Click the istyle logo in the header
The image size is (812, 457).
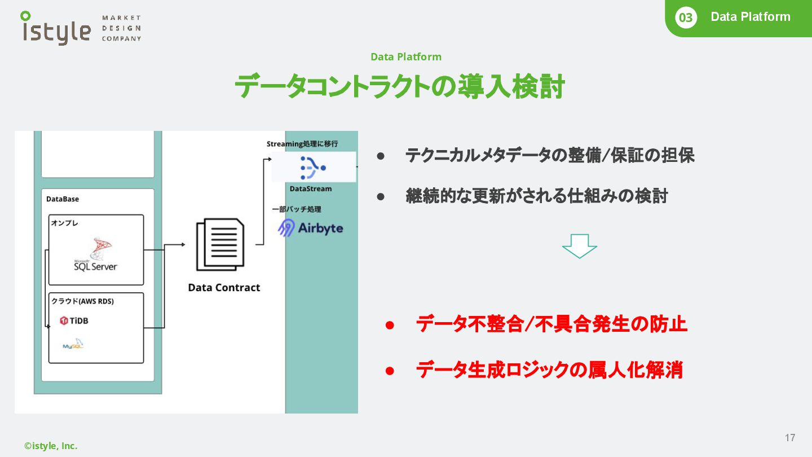[56, 28]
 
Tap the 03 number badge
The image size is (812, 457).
[685, 18]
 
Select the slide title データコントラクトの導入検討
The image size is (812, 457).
[400, 87]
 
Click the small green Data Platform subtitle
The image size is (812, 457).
[406, 56]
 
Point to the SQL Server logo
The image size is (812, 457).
[96, 255]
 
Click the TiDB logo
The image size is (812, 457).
[74, 321]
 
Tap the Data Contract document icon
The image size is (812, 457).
[220, 245]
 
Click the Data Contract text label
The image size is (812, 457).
[224, 287]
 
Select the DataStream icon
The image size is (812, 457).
[313, 167]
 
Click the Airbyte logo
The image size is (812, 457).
[311, 228]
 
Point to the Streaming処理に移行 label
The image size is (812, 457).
[302, 144]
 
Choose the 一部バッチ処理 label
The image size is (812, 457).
[296, 209]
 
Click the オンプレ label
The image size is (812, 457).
[64, 223]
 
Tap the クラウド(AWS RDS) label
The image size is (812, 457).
[82, 301]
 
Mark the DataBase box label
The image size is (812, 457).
[63, 199]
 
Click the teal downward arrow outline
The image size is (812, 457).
[579, 246]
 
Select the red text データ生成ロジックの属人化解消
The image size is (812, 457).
[549, 370]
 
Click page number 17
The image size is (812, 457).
[790, 438]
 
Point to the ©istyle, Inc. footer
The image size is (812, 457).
[51, 446]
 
